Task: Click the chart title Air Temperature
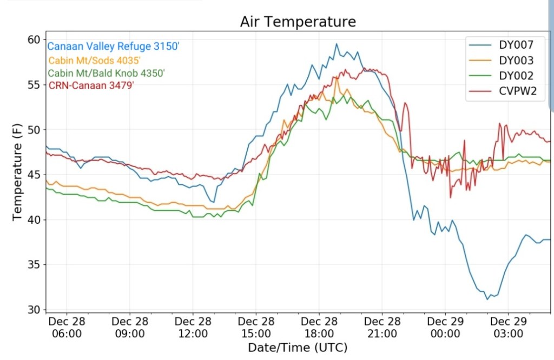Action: (298, 22)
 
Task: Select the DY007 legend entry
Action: (516, 45)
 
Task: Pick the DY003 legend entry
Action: (516, 61)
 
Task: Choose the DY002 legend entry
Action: (516, 76)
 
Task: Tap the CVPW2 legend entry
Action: (517, 91)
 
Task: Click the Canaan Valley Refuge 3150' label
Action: (113, 46)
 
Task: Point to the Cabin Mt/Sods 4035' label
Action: (98, 60)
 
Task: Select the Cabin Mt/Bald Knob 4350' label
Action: (107, 73)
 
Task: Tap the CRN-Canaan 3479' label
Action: (91, 85)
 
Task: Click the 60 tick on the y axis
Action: (34, 39)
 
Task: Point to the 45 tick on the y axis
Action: (34, 175)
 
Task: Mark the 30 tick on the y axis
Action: (34, 310)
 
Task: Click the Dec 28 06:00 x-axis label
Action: (67, 327)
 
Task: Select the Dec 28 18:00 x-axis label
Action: (319, 327)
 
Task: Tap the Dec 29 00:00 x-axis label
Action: (445, 327)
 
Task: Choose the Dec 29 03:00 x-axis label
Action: (509, 327)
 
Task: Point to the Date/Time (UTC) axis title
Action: (298, 347)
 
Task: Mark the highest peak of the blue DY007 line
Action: (336, 44)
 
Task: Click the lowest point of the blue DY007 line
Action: (487, 299)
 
